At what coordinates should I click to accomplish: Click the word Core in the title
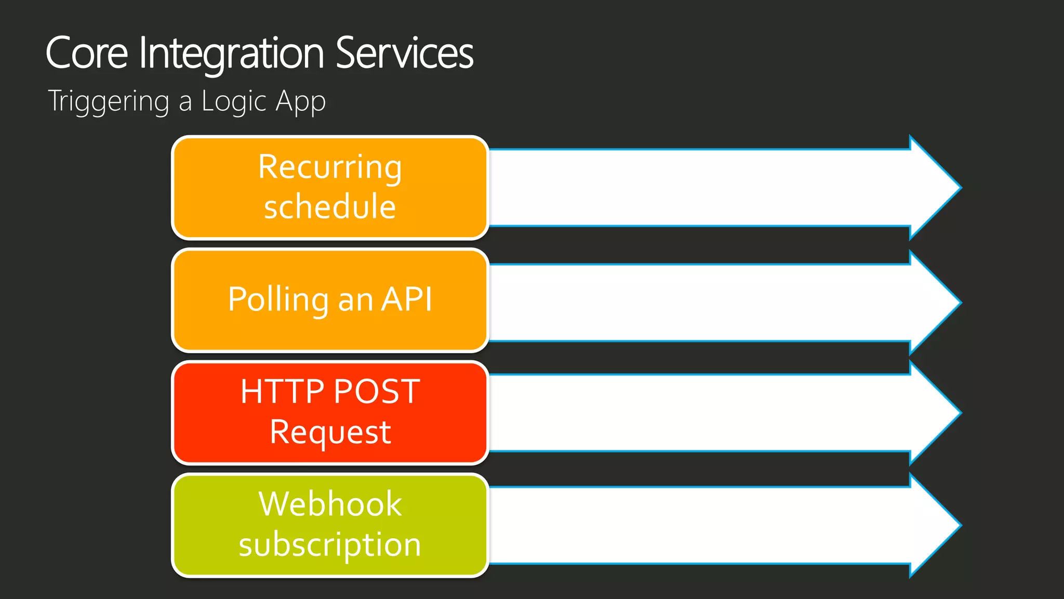87,53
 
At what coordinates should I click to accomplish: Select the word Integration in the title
232,53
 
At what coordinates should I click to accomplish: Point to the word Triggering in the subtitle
109,101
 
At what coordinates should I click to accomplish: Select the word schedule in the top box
330,206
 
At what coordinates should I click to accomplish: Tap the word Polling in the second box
278,299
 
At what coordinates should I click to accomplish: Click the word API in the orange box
406,299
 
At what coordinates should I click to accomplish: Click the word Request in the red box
330,432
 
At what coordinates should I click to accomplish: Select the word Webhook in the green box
330,504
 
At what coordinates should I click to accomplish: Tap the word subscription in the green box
330,544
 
